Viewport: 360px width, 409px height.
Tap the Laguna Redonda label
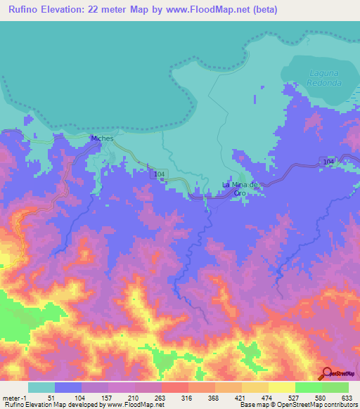[323, 77]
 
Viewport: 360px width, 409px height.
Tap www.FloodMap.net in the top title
[217, 10]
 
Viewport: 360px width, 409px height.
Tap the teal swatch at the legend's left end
[41, 387]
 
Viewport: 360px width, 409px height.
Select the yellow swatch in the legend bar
[281, 387]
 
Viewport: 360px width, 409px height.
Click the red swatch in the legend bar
[174, 387]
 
